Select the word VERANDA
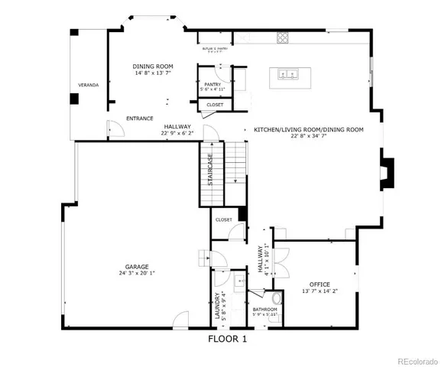[89, 85]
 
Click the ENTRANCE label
[140, 119]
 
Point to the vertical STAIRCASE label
[210, 171]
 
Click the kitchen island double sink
[290, 75]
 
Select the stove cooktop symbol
[283, 37]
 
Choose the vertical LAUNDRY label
[218, 305]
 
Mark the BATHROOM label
[264, 310]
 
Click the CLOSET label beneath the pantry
[215, 105]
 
